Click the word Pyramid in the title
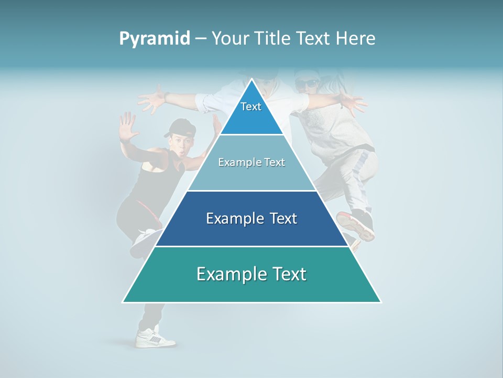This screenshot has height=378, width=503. tap(155, 38)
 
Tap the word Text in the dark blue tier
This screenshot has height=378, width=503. tap(280, 218)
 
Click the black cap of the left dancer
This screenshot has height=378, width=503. tap(178, 127)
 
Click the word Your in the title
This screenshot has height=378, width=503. tap(229, 38)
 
